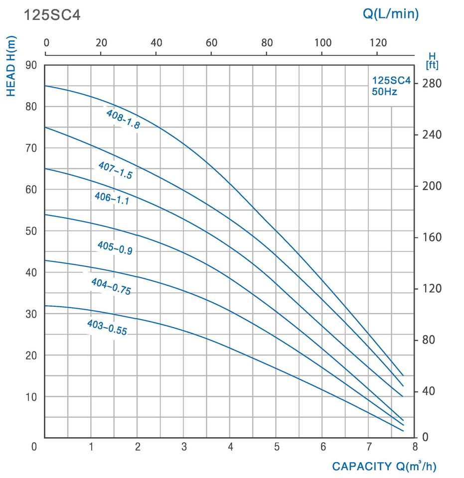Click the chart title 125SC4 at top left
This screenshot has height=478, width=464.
(52, 15)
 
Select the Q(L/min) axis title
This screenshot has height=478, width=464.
(390, 13)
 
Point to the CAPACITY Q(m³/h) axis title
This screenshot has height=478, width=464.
(384, 467)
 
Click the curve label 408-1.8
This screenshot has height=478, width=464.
(123, 119)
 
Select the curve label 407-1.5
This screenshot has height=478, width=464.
(115, 170)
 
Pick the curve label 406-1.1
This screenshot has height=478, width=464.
(112, 199)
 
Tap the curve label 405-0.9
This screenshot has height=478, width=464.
(115, 247)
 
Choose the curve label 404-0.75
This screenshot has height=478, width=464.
(111, 286)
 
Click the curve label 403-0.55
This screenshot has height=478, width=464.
(107, 327)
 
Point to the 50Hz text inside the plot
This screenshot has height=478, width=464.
(384, 92)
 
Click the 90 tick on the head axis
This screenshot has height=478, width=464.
(31, 65)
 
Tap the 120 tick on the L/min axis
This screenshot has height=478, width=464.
(377, 42)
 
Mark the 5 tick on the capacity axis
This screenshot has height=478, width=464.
(277, 447)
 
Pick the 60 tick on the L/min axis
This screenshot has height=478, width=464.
(211, 42)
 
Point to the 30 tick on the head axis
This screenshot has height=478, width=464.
(31, 314)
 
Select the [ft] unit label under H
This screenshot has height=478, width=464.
(432, 65)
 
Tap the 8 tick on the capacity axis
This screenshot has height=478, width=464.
(415, 447)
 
